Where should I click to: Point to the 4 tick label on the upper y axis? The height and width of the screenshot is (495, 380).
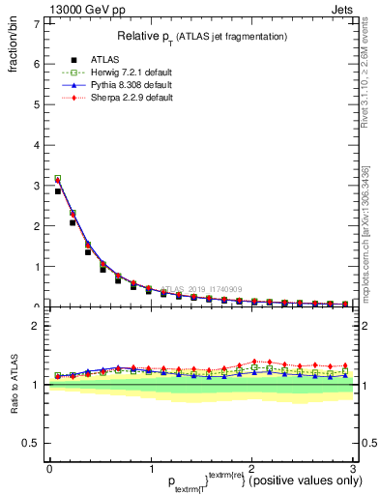tap(37, 145)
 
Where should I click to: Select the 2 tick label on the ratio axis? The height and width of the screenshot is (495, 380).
tap(37, 326)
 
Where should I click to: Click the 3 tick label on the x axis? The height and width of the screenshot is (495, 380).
tap(353, 470)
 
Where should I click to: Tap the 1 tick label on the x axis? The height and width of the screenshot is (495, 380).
tap(151, 470)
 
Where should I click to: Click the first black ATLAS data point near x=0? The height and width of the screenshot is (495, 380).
tap(58, 191)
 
